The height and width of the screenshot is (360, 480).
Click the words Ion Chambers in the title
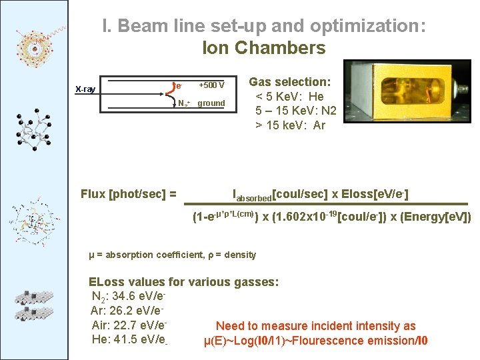263,48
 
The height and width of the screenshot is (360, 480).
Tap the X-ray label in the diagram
85,89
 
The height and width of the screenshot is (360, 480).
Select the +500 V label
212,85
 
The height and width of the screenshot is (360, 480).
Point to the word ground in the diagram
211,103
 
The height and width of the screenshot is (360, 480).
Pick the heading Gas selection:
289,81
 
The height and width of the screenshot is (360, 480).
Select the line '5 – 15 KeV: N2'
295,111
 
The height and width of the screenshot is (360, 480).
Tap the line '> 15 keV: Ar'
289,125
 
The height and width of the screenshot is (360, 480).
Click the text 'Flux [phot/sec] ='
129,194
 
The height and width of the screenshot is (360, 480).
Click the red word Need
230,326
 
